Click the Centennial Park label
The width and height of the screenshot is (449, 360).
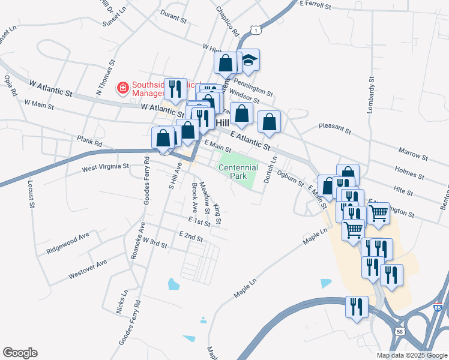[x=238, y=172]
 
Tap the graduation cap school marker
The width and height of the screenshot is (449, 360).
[x=247, y=61]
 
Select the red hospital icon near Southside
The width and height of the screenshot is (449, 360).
[x=123, y=88]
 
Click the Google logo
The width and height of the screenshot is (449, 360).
[x=20, y=353]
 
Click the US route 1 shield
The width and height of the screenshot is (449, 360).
[x=256, y=29]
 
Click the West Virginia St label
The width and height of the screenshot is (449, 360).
[x=106, y=166]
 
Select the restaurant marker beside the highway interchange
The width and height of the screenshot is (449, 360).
[x=357, y=307]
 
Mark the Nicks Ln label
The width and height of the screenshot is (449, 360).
[x=121, y=302]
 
